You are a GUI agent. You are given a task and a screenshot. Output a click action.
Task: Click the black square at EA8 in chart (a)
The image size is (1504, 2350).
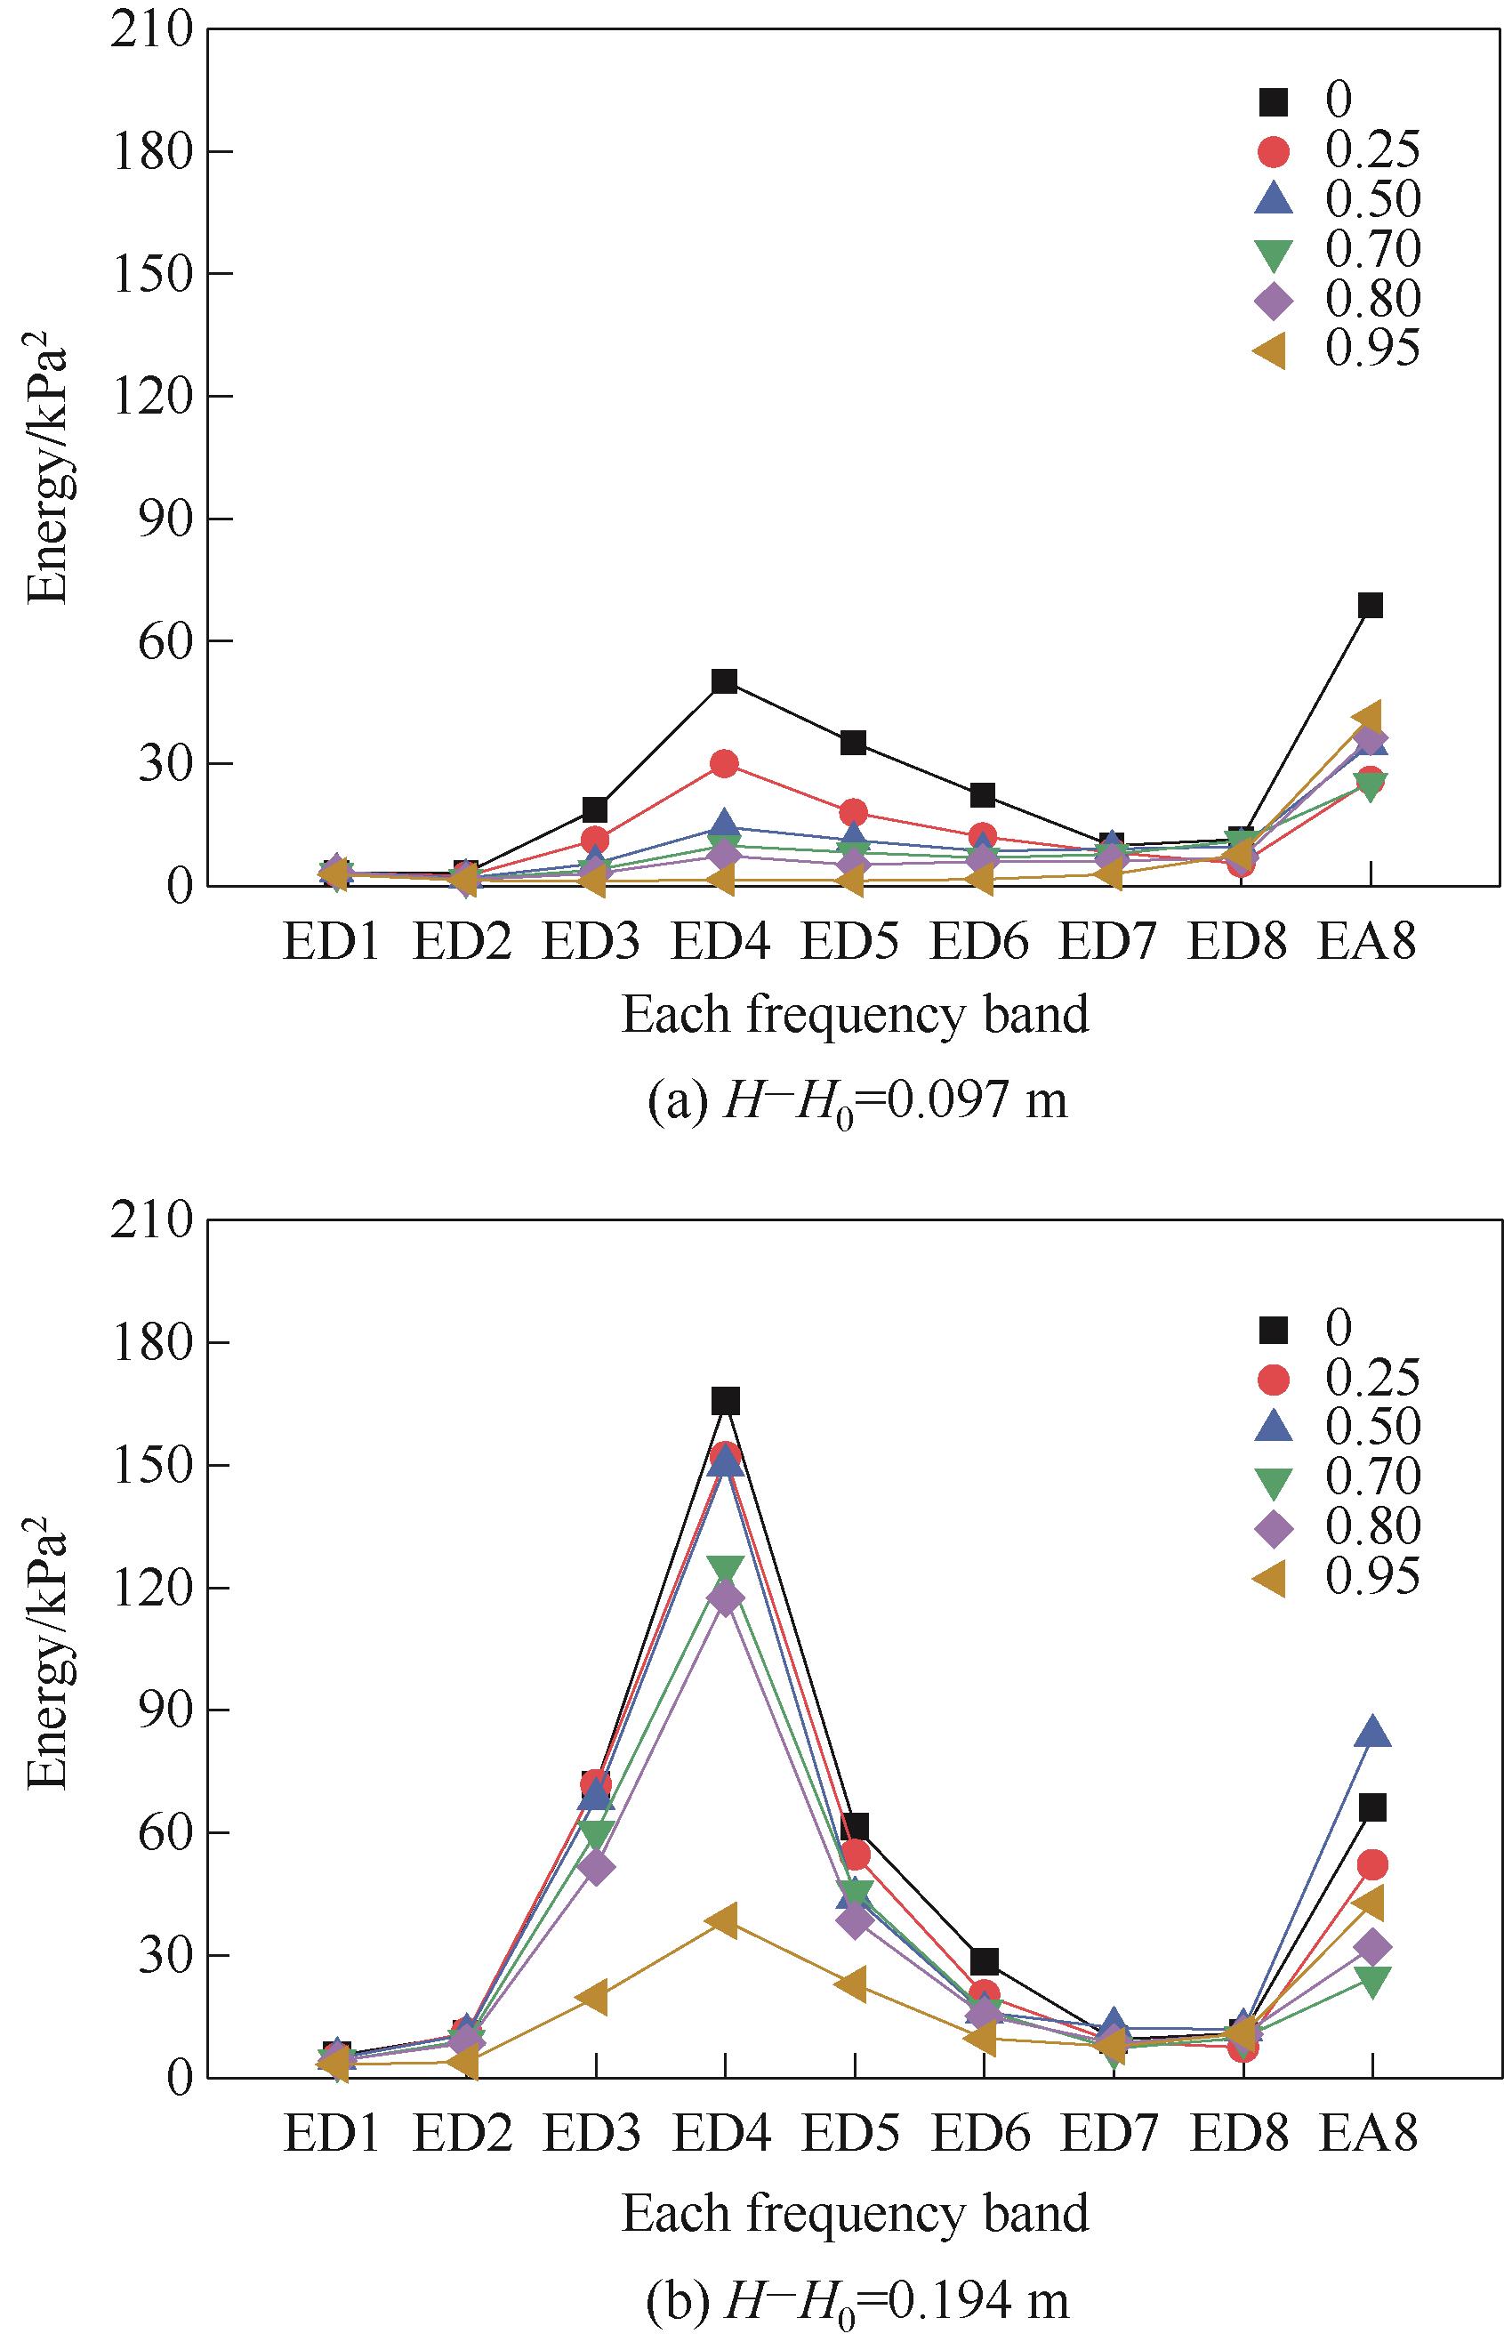1371,606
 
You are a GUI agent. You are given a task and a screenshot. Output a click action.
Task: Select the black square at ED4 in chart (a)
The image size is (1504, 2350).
724,680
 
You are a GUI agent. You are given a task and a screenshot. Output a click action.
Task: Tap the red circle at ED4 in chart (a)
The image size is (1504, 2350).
724,764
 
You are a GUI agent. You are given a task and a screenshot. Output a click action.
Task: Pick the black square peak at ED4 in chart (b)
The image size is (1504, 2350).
726,1402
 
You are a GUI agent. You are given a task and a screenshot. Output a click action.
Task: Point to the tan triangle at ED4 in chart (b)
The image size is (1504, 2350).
724,1919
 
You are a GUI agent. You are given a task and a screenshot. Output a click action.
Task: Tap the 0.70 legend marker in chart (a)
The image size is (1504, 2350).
1274,252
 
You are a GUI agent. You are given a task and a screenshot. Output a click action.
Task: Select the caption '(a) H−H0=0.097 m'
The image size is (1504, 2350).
857,1102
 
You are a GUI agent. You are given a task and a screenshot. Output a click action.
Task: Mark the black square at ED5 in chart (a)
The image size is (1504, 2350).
853,743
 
